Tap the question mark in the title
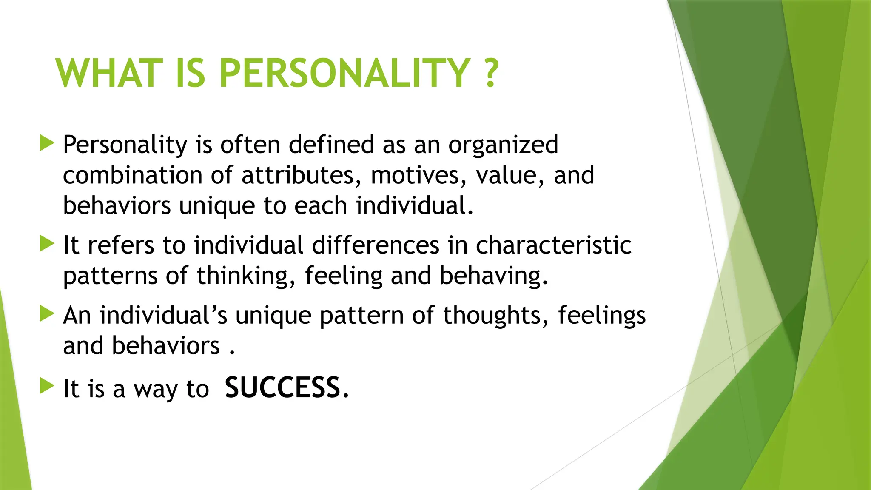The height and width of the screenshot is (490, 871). [x=491, y=73]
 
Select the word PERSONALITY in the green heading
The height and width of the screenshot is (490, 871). [x=344, y=73]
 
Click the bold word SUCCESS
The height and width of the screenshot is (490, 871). [x=283, y=388]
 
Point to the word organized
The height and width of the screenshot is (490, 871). [x=503, y=145]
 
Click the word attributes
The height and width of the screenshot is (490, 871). [x=298, y=175]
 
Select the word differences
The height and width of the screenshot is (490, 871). [x=376, y=245]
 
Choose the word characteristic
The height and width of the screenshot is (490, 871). [x=553, y=245]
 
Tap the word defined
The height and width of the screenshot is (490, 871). [x=332, y=145]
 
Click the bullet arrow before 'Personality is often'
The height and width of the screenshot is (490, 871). [x=47, y=143]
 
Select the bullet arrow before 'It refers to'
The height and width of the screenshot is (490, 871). [x=47, y=244]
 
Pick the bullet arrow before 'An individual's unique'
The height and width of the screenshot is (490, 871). [x=47, y=314]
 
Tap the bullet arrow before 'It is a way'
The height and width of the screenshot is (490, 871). [x=47, y=386]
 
